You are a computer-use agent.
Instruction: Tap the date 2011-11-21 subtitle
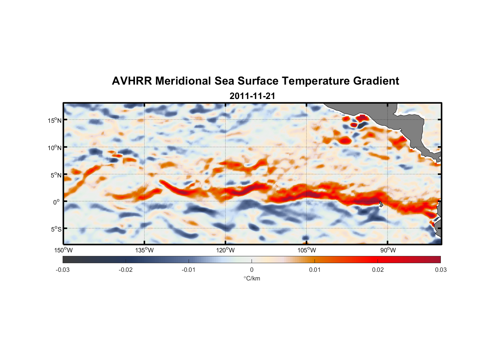tap(252, 96)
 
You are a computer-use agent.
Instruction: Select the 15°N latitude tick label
tap(55, 120)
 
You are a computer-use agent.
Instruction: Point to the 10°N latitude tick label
tap(55, 148)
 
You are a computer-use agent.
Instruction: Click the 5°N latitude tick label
tap(56, 175)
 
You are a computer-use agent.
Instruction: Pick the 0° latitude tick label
tap(57, 202)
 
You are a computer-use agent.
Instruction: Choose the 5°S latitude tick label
tap(56, 229)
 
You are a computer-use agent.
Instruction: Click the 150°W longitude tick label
tap(64, 250)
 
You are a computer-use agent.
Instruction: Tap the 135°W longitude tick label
tap(145, 250)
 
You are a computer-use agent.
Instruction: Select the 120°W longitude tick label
tap(226, 250)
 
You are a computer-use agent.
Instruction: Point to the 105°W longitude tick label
tap(307, 250)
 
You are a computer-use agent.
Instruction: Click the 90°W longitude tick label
tap(388, 250)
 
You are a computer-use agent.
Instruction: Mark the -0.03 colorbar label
tap(63, 270)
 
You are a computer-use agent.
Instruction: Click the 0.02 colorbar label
tap(378, 270)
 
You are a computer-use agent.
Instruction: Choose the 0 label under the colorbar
tap(252, 270)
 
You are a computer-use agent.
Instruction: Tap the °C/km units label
tap(252, 278)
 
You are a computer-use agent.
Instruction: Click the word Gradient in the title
tap(376, 81)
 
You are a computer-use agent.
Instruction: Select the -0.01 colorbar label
tap(189, 270)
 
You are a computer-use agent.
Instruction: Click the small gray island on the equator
tap(381, 204)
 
